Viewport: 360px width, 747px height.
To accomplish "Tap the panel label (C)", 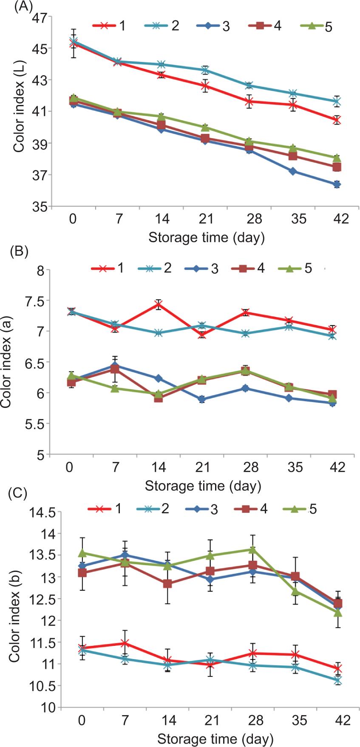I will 18,494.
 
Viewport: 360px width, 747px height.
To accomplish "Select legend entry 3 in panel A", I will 225,26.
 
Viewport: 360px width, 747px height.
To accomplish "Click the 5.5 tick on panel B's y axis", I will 36,424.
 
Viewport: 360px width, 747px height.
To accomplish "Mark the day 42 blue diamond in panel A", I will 337,184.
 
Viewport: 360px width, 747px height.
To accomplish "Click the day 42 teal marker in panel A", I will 337,102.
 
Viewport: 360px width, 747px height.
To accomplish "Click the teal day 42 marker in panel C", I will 337,681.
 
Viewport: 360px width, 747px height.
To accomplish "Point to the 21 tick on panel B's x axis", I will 203,467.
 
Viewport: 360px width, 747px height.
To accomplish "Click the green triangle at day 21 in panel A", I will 205,127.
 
